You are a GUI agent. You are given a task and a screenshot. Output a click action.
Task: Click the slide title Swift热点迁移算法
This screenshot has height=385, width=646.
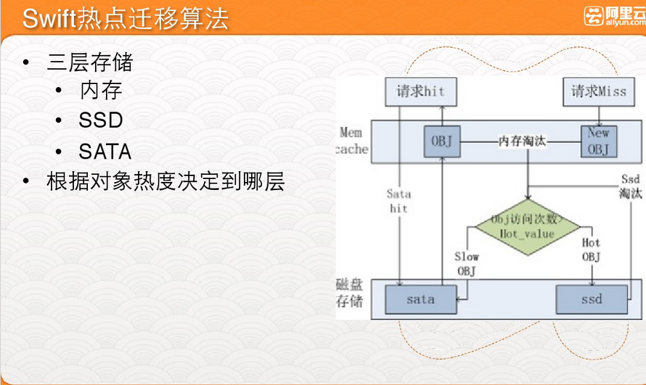(125, 18)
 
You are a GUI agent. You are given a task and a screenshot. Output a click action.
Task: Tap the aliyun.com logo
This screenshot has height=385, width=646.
(613, 16)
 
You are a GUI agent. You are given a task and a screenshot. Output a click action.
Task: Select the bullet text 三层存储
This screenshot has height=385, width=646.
(90, 62)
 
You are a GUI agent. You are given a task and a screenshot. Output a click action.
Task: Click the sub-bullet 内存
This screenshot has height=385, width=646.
(101, 91)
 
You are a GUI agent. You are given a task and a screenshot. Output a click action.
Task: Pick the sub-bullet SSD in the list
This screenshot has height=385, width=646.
(101, 120)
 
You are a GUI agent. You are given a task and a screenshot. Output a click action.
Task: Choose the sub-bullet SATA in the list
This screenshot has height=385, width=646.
(105, 152)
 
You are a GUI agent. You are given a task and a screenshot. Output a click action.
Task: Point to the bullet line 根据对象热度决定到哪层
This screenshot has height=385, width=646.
(165, 181)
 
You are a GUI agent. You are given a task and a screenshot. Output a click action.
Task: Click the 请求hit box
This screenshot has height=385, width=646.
(420, 92)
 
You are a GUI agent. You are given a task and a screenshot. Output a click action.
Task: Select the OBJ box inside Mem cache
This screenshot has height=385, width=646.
(441, 141)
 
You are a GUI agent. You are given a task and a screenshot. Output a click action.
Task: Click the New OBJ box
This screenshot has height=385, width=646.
(598, 140)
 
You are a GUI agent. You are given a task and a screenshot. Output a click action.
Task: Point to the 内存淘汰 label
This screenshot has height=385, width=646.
(522, 141)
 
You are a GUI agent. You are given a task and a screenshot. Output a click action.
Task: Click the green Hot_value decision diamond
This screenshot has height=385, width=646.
(528, 226)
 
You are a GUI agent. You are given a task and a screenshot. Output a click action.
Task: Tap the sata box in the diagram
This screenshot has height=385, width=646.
(420, 299)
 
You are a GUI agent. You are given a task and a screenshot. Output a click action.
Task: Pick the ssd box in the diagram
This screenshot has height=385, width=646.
(591, 299)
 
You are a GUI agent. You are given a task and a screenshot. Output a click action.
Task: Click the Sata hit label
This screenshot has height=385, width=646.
(398, 201)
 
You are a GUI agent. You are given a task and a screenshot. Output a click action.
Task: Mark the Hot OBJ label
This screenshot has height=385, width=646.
(592, 249)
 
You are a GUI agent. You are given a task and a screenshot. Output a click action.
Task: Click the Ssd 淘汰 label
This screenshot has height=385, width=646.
(630, 187)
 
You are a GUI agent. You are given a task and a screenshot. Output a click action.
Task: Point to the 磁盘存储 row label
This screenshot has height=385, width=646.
(349, 291)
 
